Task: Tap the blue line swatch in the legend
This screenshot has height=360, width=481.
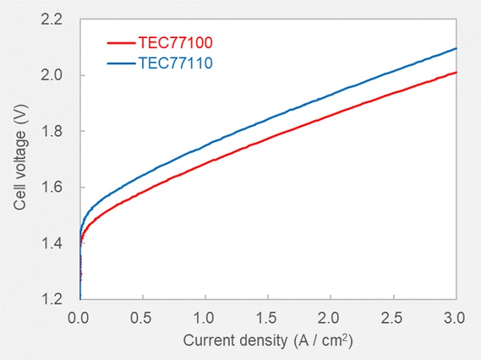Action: pyautogui.click(x=121, y=63)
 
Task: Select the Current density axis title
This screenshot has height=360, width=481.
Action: pyautogui.click(x=268, y=340)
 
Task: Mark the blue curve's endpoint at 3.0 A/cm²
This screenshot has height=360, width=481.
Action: pyautogui.click(x=456, y=49)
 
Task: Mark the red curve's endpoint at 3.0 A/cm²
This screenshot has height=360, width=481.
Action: pyautogui.click(x=456, y=72)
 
